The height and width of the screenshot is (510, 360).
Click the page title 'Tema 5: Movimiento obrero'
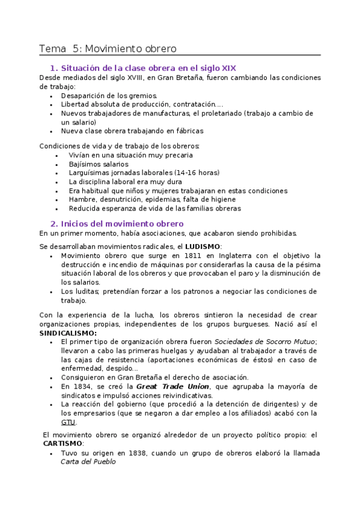(108, 49)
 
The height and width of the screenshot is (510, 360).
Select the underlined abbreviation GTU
(68, 422)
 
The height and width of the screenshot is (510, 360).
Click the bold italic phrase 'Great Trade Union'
(172, 386)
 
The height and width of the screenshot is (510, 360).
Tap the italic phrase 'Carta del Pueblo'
(88, 462)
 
